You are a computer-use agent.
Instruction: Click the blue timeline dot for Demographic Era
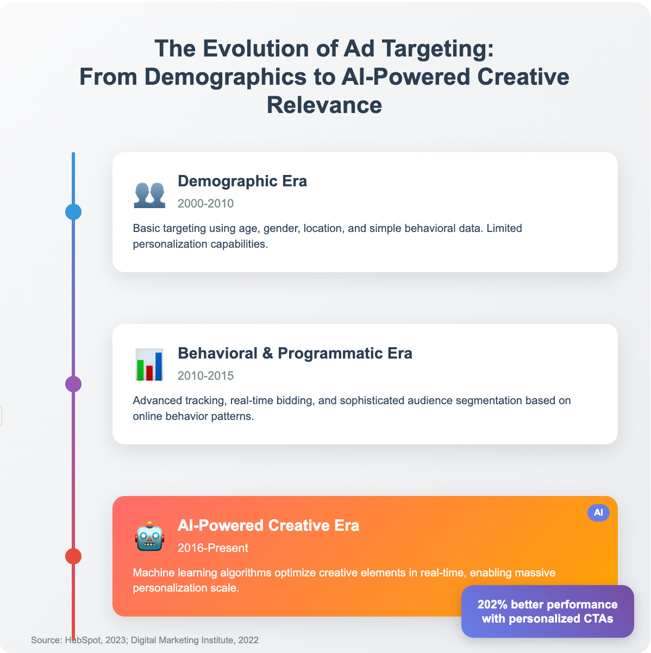pyautogui.click(x=73, y=212)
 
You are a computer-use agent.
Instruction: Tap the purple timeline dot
pyautogui.click(x=73, y=384)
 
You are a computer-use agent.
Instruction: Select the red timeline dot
pyautogui.click(x=73, y=556)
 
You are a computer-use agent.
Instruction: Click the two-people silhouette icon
pyautogui.click(x=149, y=195)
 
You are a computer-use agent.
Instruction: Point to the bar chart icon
pyautogui.click(x=149, y=365)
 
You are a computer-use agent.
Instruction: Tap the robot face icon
pyautogui.click(x=149, y=536)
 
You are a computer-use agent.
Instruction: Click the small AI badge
pyautogui.click(x=598, y=512)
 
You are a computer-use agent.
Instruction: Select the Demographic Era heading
pyautogui.click(x=242, y=181)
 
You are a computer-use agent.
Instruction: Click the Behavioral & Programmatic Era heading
pyautogui.click(x=295, y=353)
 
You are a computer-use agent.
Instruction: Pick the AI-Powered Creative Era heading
pyautogui.click(x=268, y=525)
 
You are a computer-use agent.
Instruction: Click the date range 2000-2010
pyautogui.click(x=205, y=203)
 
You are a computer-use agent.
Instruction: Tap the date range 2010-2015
pyautogui.click(x=205, y=375)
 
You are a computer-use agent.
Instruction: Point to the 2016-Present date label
pyautogui.click(x=213, y=548)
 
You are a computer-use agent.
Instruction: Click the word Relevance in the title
pyautogui.click(x=324, y=105)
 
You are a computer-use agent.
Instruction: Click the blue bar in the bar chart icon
pyautogui.click(x=158, y=366)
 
